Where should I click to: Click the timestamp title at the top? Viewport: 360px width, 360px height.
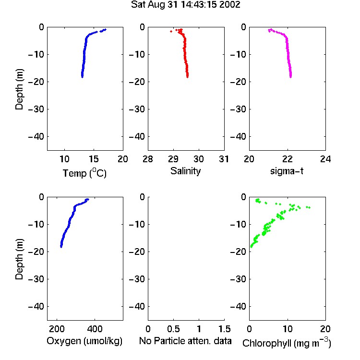(185, 5)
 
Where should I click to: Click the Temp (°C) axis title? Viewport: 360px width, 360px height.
(84, 173)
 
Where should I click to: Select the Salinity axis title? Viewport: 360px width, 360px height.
(185, 171)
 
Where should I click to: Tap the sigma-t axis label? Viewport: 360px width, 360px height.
(287, 171)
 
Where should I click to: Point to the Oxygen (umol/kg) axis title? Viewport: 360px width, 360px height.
(84, 341)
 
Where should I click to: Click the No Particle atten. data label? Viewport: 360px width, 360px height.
(185, 341)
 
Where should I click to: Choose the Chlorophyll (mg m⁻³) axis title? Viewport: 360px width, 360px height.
(287, 343)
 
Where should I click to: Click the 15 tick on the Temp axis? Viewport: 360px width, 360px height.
(94, 159)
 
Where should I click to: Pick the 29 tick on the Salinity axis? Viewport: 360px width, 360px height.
(173, 159)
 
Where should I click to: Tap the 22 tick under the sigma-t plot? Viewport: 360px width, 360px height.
(287, 159)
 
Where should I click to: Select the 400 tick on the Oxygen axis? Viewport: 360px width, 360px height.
(95, 329)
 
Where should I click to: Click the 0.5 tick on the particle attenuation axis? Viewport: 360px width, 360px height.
(173, 329)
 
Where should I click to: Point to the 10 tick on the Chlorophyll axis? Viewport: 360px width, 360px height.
(287, 329)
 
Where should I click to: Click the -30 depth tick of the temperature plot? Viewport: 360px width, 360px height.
(36, 109)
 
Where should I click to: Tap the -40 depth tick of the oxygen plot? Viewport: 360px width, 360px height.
(36, 306)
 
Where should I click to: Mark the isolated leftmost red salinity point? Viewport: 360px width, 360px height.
(171, 31)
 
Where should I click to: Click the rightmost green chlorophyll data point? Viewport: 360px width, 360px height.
(309, 207)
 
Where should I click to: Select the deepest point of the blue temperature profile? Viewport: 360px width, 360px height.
(82, 77)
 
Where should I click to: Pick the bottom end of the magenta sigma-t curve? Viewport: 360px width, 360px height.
(291, 77)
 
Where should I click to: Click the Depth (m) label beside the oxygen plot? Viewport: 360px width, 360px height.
(19, 259)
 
